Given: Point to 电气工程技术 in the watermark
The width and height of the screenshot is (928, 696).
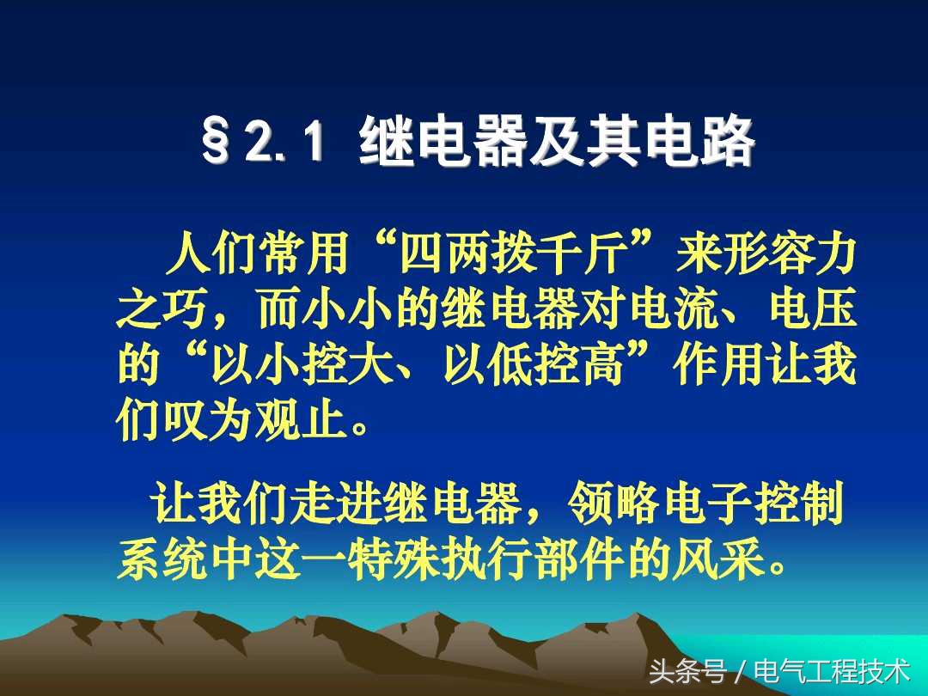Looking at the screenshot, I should [x=832, y=670].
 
